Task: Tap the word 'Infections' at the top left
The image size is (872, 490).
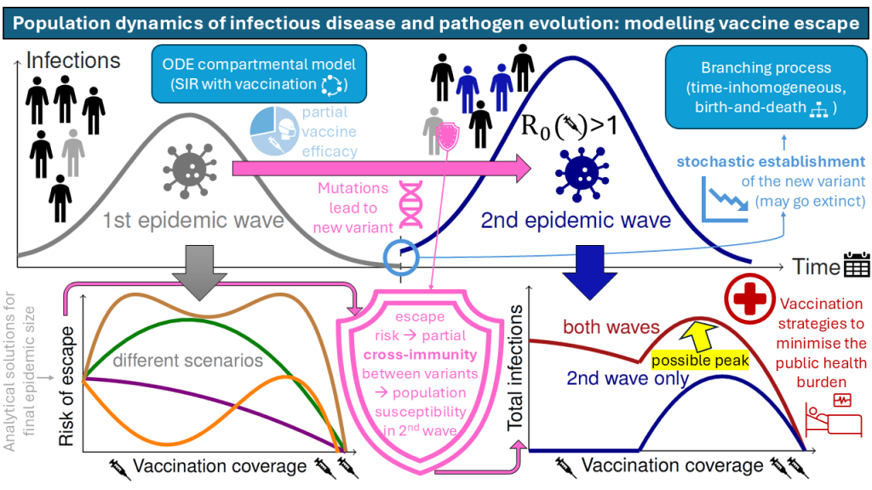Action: [73, 60]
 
